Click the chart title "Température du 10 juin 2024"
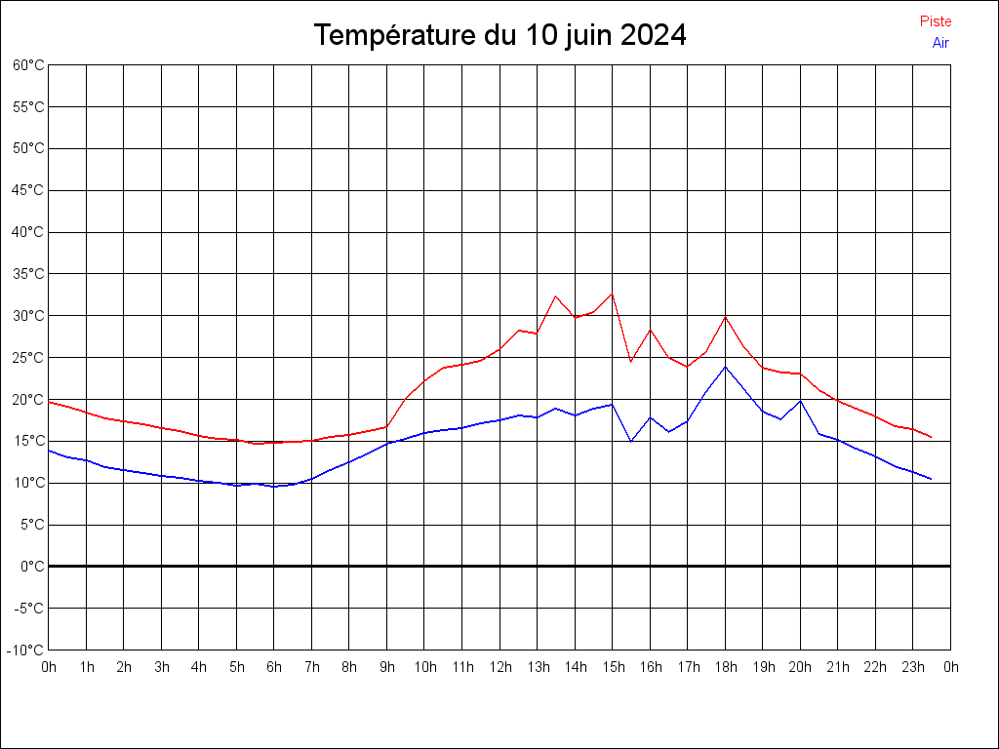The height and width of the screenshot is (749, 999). pyautogui.click(x=499, y=35)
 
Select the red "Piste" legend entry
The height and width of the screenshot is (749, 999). pyautogui.click(x=936, y=21)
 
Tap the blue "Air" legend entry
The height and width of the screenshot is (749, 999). pyautogui.click(x=940, y=43)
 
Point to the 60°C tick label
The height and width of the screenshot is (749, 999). pyautogui.click(x=28, y=65)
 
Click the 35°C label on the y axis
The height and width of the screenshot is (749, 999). pyautogui.click(x=28, y=274)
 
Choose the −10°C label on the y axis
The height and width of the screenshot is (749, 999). pyautogui.click(x=26, y=650)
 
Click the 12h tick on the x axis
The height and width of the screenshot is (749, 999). pyautogui.click(x=499, y=667)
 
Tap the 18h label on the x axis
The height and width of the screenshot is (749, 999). pyautogui.click(x=725, y=667)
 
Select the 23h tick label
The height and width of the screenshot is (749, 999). pyautogui.click(x=913, y=667)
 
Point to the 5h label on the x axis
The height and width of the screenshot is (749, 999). pyautogui.click(x=237, y=667)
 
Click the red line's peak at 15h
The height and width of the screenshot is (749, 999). pyautogui.click(x=612, y=294)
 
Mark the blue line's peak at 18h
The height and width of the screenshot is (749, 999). pyautogui.click(x=725, y=367)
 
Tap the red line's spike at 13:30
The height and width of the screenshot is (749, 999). pyautogui.click(x=556, y=296)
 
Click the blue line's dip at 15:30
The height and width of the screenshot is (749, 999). pyautogui.click(x=631, y=442)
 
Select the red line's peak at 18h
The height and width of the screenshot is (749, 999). pyautogui.click(x=725, y=317)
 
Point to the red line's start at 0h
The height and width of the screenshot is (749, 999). pyautogui.click(x=49, y=402)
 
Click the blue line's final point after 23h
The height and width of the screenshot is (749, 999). pyautogui.click(x=932, y=479)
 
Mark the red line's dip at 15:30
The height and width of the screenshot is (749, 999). pyautogui.click(x=631, y=362)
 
